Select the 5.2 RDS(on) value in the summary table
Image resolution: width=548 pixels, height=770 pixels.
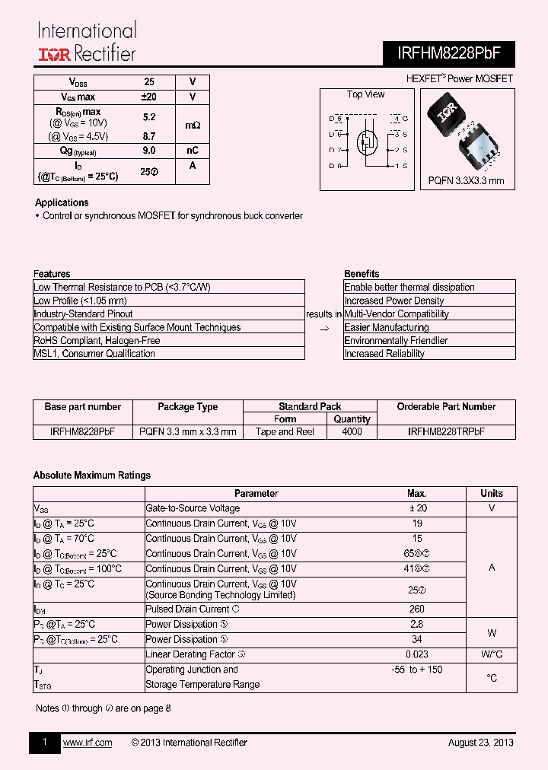(x=149, y=117)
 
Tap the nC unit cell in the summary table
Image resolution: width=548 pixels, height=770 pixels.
(x=192, y=151)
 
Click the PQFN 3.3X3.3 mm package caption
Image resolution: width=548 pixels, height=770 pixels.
(x=466, y=181)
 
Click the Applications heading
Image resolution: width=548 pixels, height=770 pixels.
(x=62, y=202)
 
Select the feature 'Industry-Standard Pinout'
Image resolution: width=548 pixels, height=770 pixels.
(x=83, y=314)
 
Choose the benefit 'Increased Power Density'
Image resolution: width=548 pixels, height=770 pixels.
(x=393, y=301)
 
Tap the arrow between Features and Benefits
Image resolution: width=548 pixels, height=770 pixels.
(x=323, y=328)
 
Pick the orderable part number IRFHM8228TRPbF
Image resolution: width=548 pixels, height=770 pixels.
(x=445, y=431)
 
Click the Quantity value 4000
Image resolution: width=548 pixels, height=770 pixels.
(x=352, y=431)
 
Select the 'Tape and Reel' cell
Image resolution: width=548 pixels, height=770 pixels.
(x=285, y=431)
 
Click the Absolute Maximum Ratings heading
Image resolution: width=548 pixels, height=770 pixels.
(x=91, y=476)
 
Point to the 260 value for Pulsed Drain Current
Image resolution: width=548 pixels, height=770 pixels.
(x=416, y=609)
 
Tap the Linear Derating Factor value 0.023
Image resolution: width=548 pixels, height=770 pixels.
(x=416, y=654)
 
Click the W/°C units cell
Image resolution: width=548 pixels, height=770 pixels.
(x=492, y=654)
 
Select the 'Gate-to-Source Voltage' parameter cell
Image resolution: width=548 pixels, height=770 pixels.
(x=192, y=508)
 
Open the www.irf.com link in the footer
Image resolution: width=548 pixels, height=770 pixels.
(x=87, y=743)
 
